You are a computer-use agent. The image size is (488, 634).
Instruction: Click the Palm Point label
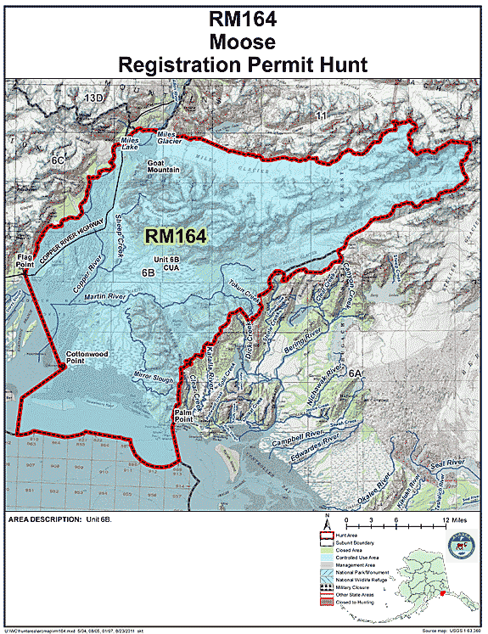point(184,415)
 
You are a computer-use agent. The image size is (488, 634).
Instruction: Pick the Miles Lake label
point(129,143)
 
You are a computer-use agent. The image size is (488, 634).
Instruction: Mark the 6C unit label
point(58,158)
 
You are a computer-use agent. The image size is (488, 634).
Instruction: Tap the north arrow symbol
point(327,521)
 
